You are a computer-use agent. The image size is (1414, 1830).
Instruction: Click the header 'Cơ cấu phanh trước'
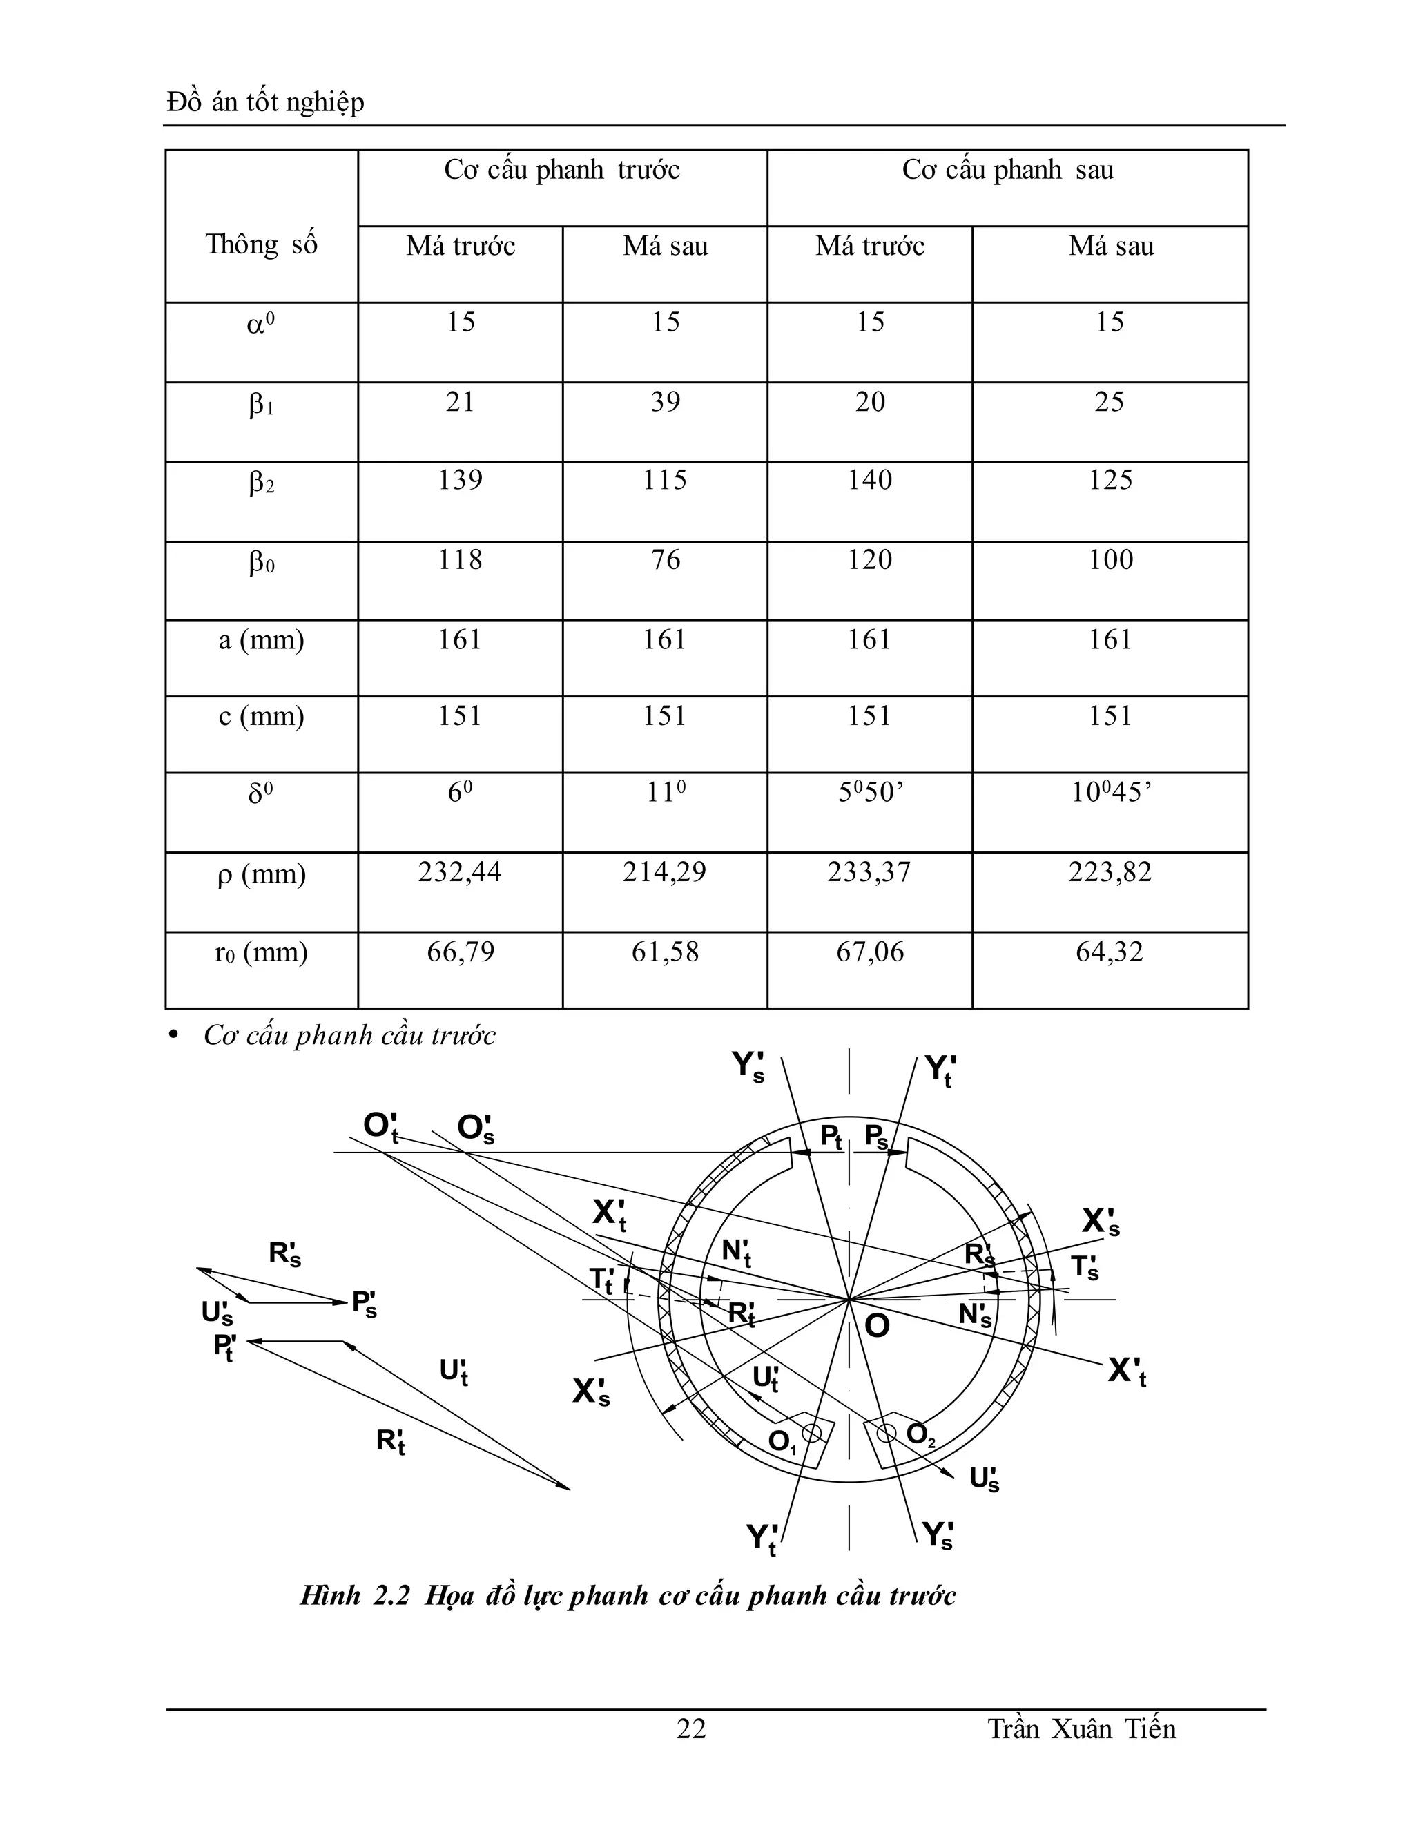coord(561,171)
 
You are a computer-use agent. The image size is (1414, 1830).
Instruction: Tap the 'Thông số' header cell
coord(262,244)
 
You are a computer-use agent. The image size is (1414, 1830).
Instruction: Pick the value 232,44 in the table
coord(460,872)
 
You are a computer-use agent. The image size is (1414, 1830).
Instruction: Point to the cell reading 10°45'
coord(1111,793)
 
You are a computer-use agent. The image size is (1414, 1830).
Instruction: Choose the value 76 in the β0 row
coord(665,561)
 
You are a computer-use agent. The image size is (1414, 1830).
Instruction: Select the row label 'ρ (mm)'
coord(262,875)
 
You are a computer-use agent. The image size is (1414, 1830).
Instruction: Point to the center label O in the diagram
coord(876,1327)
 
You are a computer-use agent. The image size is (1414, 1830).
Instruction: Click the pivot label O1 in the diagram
coord(782,1441)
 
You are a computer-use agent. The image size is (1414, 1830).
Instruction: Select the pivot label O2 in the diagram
coord(920,1434)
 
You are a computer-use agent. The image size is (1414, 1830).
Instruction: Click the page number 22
coord(691,1728)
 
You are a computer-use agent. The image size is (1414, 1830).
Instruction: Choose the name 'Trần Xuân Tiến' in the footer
coord(1081,1728)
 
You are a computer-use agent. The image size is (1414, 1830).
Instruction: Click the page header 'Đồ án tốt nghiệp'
coord(266,103)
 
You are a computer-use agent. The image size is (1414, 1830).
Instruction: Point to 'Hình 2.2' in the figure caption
coord(355,1595)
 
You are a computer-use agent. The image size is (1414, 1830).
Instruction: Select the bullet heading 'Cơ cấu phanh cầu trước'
coord(349,1037)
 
